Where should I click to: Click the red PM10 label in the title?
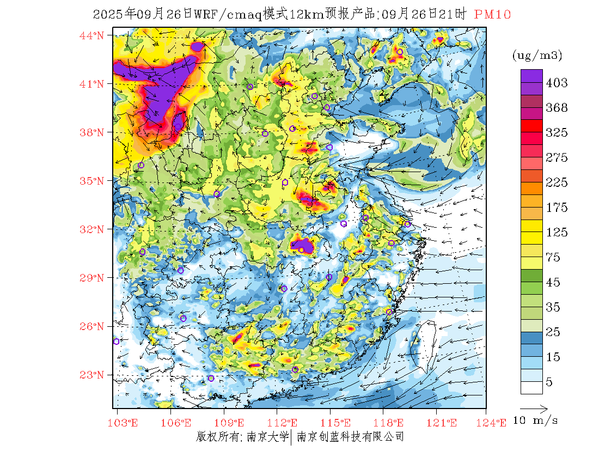(492, 15)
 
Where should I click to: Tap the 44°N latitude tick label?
(91, 35)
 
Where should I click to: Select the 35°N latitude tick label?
(91, 181)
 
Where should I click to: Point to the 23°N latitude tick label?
(91, 375)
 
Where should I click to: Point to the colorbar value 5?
(549, 382)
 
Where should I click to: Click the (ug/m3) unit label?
(537, 55)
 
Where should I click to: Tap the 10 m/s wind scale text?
(536, 421)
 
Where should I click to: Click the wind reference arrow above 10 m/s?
(533, 407)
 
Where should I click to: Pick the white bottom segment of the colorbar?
(531, 387)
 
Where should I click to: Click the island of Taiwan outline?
(424, 343)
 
